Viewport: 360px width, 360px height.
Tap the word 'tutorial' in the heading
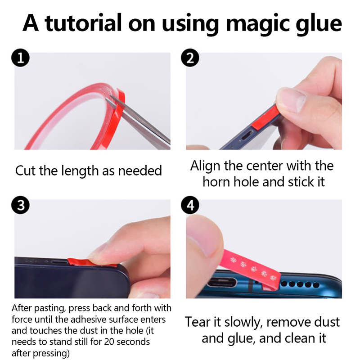(83, 23)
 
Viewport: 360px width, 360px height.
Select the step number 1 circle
(20, 58)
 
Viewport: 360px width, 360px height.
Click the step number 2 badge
(190, 58)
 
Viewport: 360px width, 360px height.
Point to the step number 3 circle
(20, 205)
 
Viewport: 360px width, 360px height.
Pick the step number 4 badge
(190, 205)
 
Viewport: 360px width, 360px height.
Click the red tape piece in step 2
(265, 117)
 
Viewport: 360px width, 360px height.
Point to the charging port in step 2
(247, 135)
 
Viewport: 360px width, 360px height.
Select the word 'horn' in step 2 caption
(216, 182)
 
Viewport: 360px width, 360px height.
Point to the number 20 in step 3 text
(109, 342)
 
